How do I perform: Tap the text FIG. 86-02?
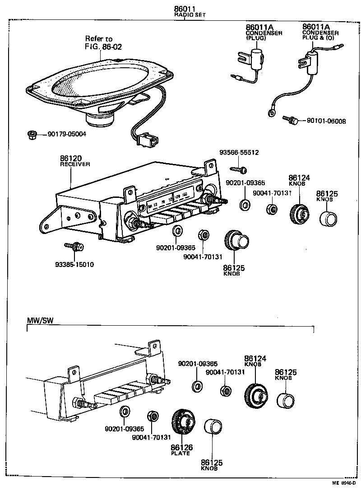(103, 47)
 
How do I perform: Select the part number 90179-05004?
(67, 134)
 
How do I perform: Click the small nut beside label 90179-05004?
(31, 134)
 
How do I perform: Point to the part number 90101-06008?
(326, 121)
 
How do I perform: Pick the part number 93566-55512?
(239, 153)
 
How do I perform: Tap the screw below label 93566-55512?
(239, 170)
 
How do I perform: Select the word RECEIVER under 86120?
(75, 164)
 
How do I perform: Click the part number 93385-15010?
(74, 265)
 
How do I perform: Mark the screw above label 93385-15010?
(73, 246)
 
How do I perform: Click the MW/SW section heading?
(39, 320)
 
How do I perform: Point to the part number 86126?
(181, 447)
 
